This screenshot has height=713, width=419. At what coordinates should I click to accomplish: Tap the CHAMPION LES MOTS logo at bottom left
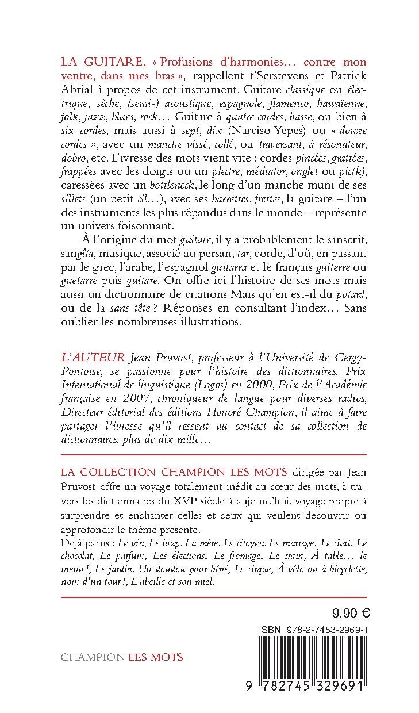(x=122, y=657)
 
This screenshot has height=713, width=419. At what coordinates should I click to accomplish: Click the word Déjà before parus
(x=71, y=543)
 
